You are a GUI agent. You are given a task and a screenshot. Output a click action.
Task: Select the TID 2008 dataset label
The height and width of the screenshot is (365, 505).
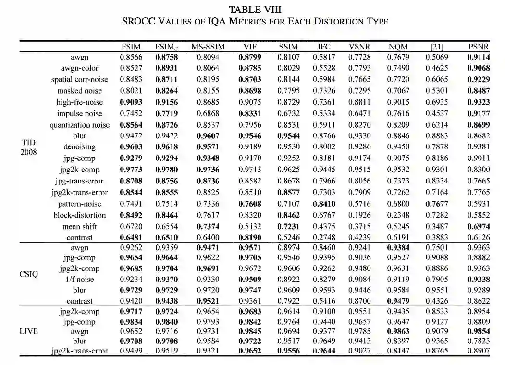coord(29,146)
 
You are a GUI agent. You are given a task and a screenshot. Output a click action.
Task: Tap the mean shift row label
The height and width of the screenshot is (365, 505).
coord(77,226)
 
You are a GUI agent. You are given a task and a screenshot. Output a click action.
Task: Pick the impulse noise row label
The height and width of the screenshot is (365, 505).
coord(80,113)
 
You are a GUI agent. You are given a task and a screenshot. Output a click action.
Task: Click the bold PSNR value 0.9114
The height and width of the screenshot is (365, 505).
coord(479,57)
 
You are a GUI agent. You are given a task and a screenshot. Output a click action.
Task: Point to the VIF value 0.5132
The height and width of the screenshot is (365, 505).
coord(249,226)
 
